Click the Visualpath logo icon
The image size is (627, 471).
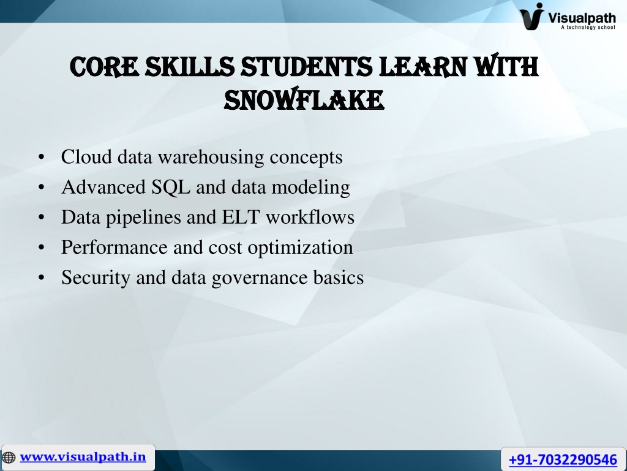click(x=532, y=16)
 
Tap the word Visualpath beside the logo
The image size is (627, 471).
click(x=582, y=18)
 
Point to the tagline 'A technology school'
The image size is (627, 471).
click(x=588, y=27)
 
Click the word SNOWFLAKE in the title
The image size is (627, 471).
click(x=304, y=99)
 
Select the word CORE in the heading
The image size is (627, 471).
click(x=104, y=66)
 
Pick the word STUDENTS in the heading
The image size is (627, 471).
click(x=307, y=66)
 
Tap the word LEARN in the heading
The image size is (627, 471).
click(x=422, y=66)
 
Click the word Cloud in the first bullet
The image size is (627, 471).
click(x=86, y=156)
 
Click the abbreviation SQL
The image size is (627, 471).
click(x=171, y=187)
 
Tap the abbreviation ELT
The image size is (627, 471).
click(x=240, y=217)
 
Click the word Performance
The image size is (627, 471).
click(x=114, y=247)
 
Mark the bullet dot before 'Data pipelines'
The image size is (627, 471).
click(x=42, y=217)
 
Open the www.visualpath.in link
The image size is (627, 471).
click(x=83, y=456)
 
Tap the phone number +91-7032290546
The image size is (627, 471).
click(x=563, y=459)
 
